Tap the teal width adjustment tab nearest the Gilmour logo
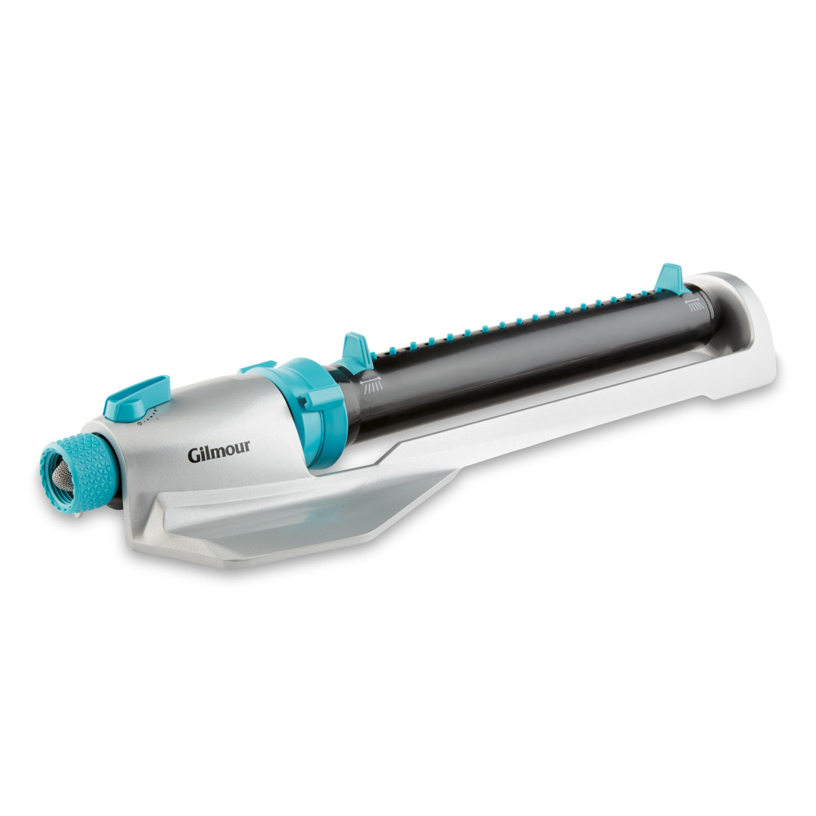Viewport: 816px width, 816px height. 357,353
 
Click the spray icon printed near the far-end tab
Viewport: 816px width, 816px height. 694,304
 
